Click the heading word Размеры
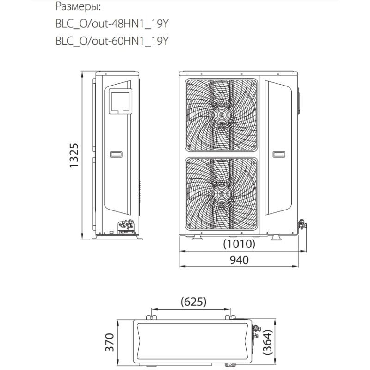click(78, 7)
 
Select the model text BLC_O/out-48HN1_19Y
click(111, 24)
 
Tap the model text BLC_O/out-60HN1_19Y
click(111, 42)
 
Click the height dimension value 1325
click(74, 156)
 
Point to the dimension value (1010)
click(239, 244)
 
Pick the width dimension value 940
click(239, 260)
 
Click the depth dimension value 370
click(109, 343)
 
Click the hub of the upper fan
click(222, 114)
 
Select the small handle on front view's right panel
click(279, 154)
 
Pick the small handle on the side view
click(116, 154)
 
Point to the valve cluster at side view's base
click(127, 226)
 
